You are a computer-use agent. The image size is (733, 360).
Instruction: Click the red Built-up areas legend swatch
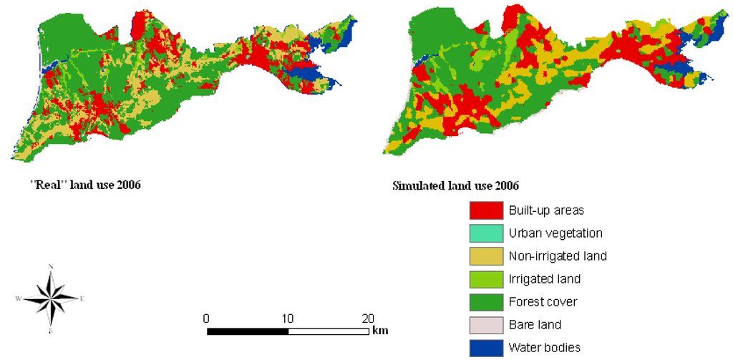pos(486,210)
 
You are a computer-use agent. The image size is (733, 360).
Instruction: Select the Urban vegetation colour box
pos(486,233)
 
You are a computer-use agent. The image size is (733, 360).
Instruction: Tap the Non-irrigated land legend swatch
pos(486,256)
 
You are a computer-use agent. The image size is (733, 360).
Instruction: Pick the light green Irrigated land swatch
pos(486,279)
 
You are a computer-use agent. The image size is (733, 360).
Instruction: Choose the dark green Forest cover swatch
pos(486,302)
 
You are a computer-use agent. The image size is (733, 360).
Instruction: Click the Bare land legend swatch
pos(486,325)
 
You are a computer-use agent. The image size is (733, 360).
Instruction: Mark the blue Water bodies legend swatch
pos(486,348)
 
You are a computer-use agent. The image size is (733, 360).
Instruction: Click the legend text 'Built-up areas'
pos(546,210)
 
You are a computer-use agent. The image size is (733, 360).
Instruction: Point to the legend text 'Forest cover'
pos(543,302)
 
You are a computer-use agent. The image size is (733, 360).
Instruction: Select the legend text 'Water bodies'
pos(544,348)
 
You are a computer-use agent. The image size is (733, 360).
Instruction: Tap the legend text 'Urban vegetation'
pos(555,233)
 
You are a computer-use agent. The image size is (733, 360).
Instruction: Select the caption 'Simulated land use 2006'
pos(456,185)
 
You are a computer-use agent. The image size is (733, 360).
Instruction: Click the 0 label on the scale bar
pos(207,318)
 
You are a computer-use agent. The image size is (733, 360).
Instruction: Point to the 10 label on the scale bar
pos(288,318)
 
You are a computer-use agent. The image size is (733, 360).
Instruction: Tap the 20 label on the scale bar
pos(368,318)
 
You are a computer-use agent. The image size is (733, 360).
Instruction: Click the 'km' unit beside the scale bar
pos(380,331)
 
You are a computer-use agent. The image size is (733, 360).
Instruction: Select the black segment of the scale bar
pos(248,331)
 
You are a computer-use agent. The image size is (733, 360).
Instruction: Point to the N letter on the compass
pos(50,267)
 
